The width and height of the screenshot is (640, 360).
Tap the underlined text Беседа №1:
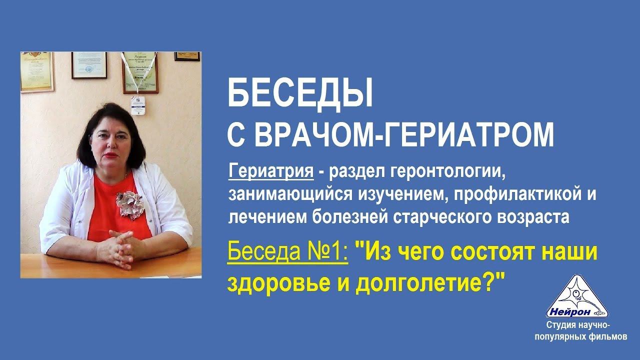pyautogui.click(x=287, y=252)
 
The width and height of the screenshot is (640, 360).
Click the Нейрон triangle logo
pyautogui.click(x=577, y=297)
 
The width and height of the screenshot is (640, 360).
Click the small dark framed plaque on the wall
pyautogui.click(x=187, y=56)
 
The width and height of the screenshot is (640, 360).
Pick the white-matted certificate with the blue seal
pyautogui.click(x=89, y=65)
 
